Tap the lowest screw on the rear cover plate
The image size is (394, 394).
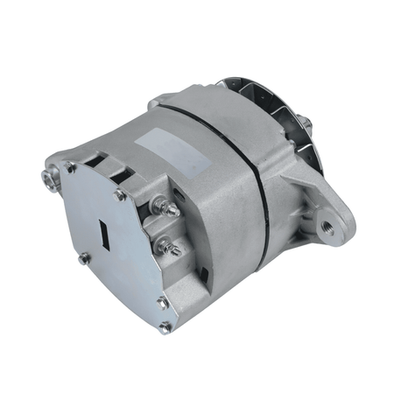click(x=165, y=327)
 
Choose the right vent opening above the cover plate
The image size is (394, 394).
click(x=121, y=172)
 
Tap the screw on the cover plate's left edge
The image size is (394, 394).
click(x=84, y=259)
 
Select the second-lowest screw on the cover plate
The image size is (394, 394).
click(x=163, y=302)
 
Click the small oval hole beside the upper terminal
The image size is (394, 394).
click(x=179, y=194)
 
